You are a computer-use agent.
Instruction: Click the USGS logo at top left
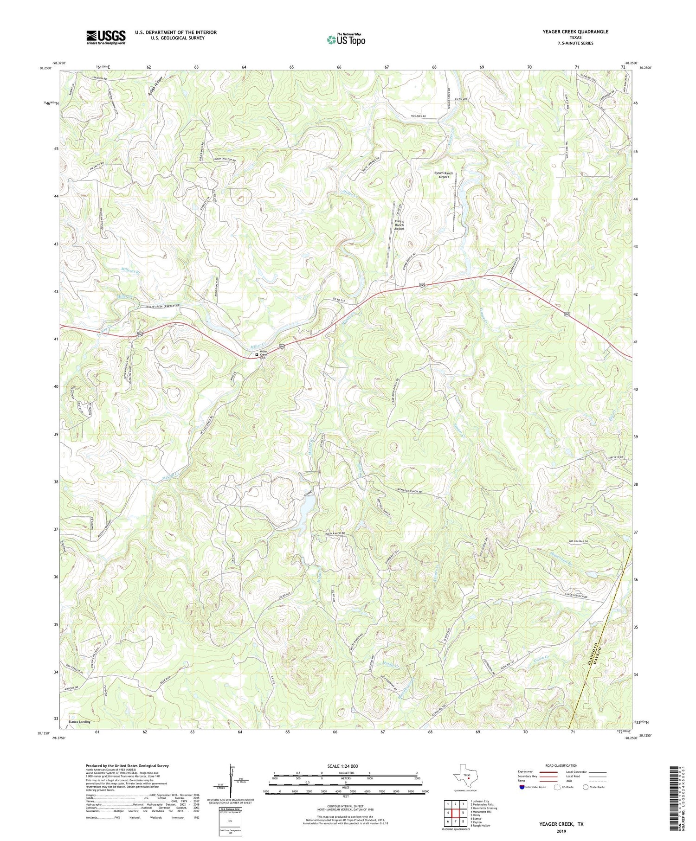pyautogui.click(x=106, y=37)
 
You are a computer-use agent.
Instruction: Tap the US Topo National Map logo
pyautogui.click(x=346, y=39)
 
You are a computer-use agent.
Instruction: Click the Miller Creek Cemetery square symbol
pyautogui.click(x=257, y=355)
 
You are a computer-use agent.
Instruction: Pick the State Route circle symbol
pyautogui.click(x=586, y=787)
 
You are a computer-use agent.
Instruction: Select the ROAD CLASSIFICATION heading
pyautogui.click(x=561, y=765)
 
